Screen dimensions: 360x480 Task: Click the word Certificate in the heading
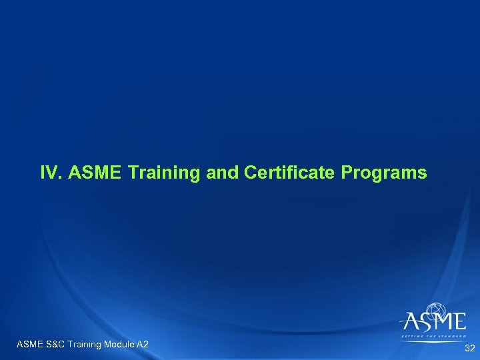pyautogui.click(x=291, y=173)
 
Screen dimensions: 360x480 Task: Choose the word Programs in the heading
pyautogui.click(x=384, y=173)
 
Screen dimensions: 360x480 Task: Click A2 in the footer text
pyautogui.click(x=142, y=344)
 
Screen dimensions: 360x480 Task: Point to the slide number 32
pyautogui.click(x=469, y=348)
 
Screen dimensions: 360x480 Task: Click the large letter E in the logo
pyautogui.click(x=459, y=323)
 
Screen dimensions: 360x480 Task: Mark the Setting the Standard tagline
pyautogui.click(x=433, y=337)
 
